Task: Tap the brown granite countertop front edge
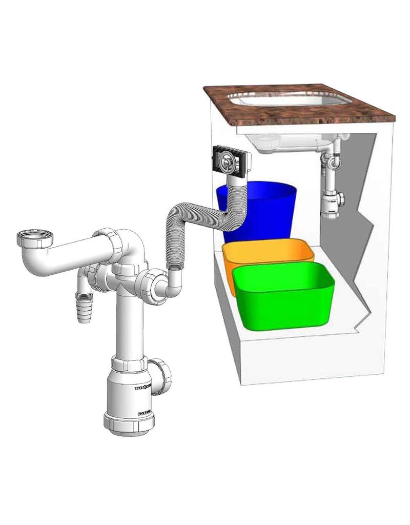307,120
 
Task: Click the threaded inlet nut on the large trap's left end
35,238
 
